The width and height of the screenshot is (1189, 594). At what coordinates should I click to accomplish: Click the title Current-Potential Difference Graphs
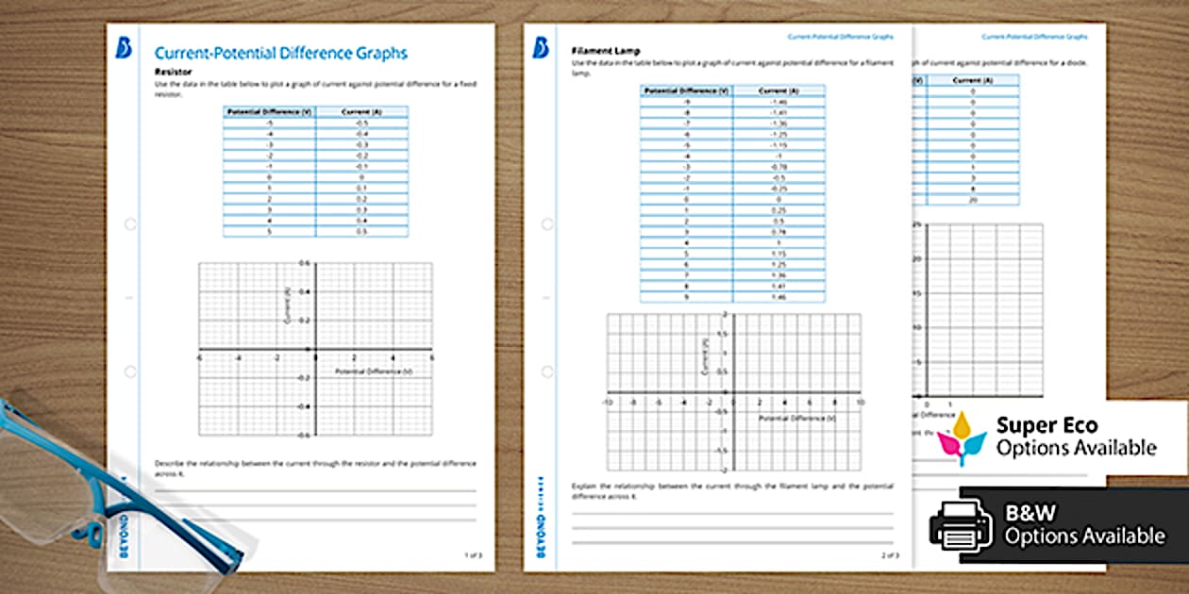280,54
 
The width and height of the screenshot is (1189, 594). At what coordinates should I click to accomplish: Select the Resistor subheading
173,72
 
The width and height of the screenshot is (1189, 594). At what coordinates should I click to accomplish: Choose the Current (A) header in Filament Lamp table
779,91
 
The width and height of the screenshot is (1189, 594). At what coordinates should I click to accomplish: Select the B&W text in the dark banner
1030,514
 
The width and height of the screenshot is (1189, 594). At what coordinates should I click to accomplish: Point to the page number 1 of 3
472,555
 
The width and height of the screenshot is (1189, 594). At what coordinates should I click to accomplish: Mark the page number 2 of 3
889,555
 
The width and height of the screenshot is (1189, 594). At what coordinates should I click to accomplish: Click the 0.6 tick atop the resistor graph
304,263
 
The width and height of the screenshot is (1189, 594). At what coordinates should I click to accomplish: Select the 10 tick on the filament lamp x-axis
860,402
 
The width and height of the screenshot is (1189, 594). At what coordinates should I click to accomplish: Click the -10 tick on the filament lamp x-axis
608,402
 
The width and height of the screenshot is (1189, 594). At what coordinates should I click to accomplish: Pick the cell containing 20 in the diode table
972,201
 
